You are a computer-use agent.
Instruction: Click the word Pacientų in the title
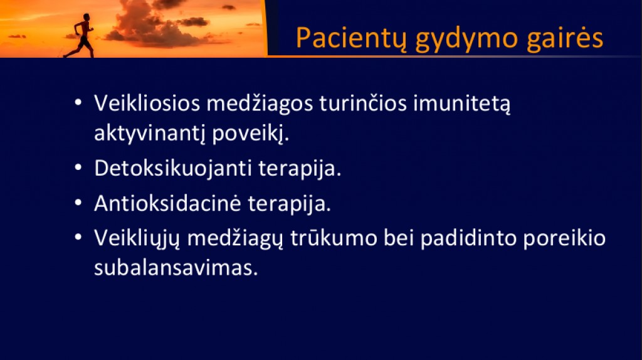coord(351,38)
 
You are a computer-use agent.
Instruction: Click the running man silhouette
coord(81,36)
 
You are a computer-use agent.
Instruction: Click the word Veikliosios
coord(147,103)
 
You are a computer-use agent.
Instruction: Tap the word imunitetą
coord(462,103)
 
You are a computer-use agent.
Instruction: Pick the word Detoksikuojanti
coord(173,168)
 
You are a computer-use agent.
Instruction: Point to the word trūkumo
coord(334,238)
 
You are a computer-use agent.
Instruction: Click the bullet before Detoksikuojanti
coord(78,168)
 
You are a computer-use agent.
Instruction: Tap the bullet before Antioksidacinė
coord(78,203)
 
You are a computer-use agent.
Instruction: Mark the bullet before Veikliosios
coord(78,103)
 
